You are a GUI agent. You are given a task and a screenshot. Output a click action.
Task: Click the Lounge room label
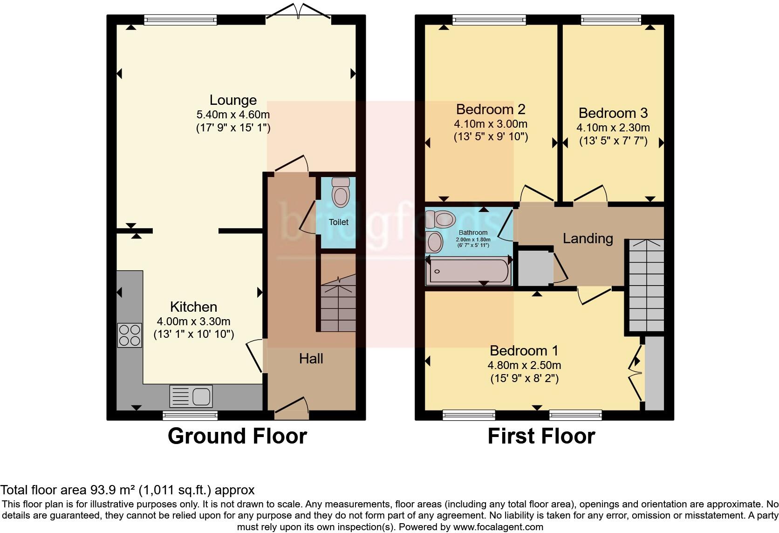point(233,100)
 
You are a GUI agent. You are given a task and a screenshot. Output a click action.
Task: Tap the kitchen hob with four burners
point(130,335)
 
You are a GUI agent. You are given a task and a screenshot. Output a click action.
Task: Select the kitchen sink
point(191,396)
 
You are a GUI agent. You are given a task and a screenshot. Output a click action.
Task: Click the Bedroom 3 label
point(613,113)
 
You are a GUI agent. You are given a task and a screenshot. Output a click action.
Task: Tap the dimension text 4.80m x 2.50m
point(524,365)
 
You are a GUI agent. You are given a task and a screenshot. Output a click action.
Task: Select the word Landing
point(588,239)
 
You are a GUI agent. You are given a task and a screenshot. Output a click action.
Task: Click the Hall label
point(311,358)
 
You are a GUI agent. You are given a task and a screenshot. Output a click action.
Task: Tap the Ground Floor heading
point(237,436)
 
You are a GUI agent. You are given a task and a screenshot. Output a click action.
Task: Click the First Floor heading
point(541,436)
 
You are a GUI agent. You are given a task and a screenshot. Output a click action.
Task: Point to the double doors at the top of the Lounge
point(298,12)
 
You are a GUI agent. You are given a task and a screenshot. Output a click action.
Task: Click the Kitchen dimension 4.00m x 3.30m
point(193,321)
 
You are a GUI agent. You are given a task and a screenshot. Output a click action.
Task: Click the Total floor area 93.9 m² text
point(127,490)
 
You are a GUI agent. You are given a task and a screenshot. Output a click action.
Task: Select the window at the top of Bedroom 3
point(610,19)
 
